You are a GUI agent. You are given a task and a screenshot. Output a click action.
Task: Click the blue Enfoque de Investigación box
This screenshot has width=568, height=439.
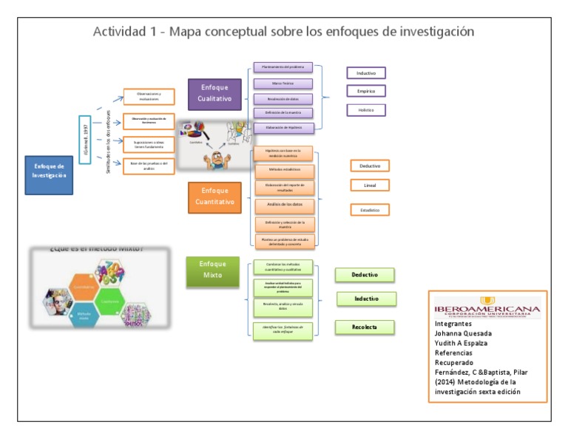click(x=49, y=174)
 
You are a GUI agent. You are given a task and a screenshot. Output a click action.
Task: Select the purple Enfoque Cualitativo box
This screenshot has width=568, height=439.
click(x=214, y=94)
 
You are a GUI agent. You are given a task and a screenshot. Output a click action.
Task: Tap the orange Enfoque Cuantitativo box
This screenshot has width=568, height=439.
click(x=214, y=197)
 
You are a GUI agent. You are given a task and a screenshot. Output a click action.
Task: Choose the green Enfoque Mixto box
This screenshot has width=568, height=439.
click(x=212, y=271)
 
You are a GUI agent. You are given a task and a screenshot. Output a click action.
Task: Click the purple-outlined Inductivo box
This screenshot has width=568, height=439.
click(x=366, y=73)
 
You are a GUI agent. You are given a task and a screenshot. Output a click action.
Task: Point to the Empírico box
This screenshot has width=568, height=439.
click(x=366, y=91)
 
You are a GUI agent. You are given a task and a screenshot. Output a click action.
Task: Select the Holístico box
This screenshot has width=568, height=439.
click(x=366, y=109)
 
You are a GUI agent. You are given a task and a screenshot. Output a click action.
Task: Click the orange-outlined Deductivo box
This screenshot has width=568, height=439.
click(x=370, y=166)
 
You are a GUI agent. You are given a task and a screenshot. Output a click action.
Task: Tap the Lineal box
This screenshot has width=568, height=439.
click(x=370, y=185)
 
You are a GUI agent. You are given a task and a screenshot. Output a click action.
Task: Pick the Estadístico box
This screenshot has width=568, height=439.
click(x=370, y=210)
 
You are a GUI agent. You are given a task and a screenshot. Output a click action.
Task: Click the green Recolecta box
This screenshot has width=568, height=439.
click(x=365, y=327)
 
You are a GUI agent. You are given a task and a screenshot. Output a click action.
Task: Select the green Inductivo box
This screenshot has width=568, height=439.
click(x=366, y=299)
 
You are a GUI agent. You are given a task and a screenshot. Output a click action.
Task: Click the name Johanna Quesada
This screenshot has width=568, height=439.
click(x=463, y=333)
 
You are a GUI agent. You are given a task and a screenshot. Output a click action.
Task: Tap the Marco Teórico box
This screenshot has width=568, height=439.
click(x=283, y=84)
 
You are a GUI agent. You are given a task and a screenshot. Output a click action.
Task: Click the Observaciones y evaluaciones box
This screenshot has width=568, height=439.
click(x=149, y=96)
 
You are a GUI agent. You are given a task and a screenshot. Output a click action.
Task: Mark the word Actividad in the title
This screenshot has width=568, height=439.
click(x=120, y=32)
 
